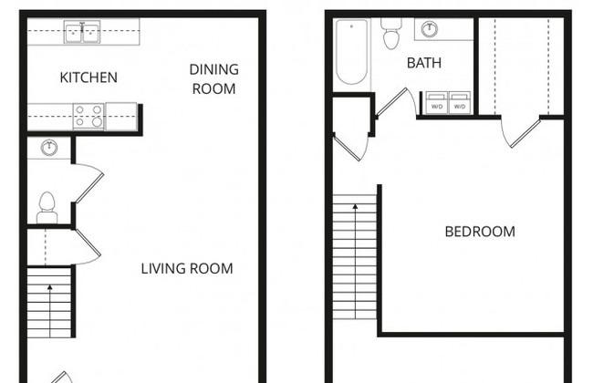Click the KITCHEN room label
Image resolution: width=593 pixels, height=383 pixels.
click(88, 78)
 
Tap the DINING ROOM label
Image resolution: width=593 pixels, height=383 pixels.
click(214, 79)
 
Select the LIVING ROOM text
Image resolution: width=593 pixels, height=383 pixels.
click(187, 268)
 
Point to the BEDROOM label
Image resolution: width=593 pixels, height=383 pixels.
click(480, 232)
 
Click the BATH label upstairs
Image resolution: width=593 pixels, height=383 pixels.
click(424, 63)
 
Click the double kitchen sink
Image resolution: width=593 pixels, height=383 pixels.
click(82, 32)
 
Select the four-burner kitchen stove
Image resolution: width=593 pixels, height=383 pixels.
click(88, 116)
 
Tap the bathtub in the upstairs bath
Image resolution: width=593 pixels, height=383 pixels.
click(352, 51)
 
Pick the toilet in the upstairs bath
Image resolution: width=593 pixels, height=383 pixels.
click(391, 33)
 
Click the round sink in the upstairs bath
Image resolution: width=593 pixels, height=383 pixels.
click(430, 29)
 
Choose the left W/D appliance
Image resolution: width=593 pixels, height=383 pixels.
click(437, 102)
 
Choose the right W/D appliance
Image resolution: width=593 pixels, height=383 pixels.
click(460, 102)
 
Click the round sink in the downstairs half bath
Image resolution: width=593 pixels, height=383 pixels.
click(48, 148)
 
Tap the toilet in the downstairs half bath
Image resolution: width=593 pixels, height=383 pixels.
click(47, 208)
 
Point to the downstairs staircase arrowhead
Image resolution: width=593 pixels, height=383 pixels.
click(50, 288)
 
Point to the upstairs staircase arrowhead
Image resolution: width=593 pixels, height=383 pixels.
click(355, 207)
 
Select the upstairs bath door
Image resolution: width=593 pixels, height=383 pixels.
click(391, 101)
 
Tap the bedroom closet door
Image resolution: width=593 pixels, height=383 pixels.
click(525, 133)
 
